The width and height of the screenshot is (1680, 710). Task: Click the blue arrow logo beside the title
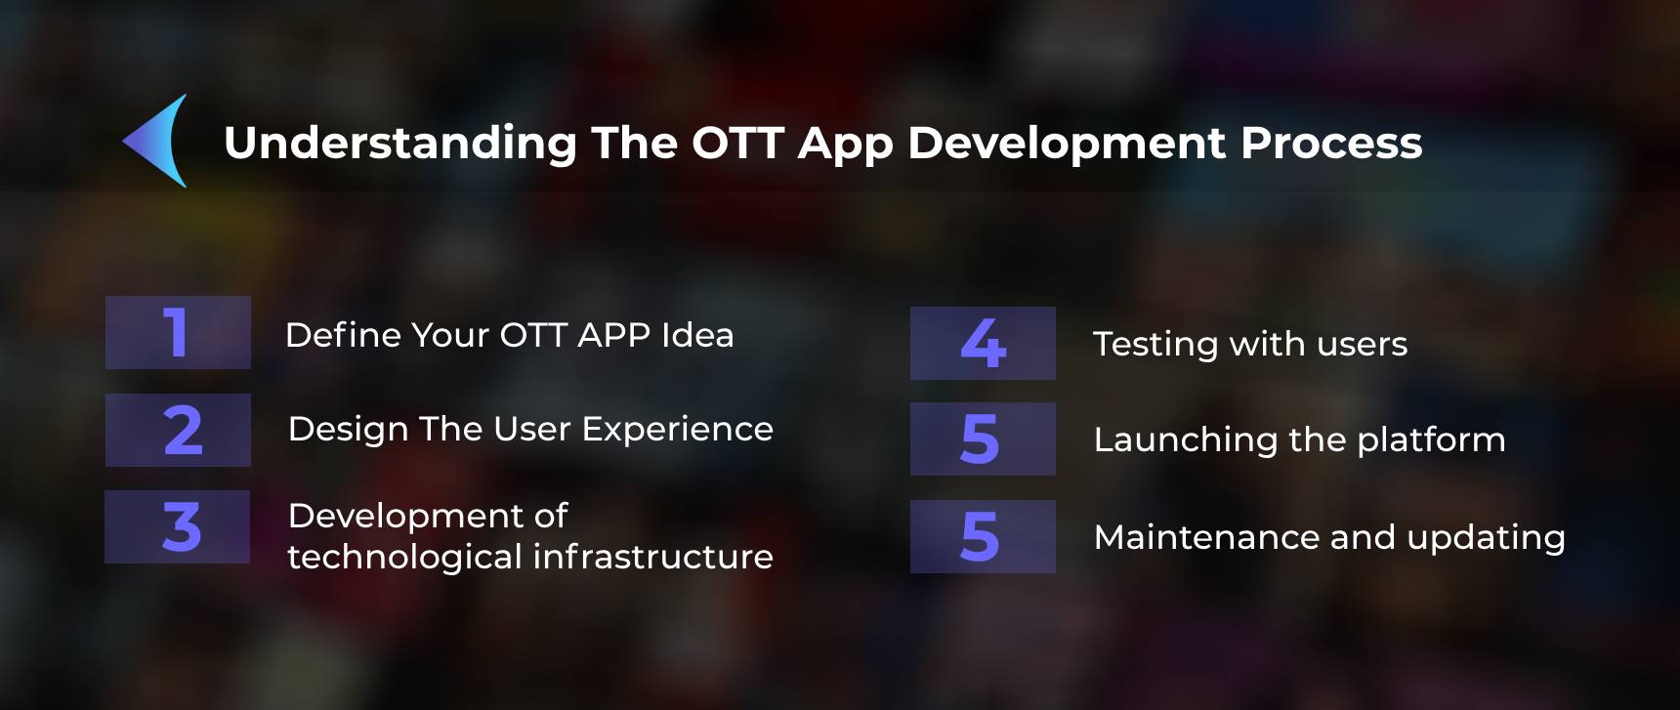pyautogui.click(x=156, y=141)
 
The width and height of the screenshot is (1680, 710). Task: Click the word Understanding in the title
pyautogui.click(x=400, y=144)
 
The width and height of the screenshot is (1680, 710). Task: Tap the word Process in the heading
pyautogui.click(x=1331, y=143)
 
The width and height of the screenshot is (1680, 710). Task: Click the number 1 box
pyautogui.click(x=178, y=333)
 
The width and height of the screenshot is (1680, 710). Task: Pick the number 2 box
pyautogui.click(x=178, y=431)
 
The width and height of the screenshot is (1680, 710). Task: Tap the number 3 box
pyautogui.click(x=177, y=527)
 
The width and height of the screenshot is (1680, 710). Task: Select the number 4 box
pyautogui.click(x=983, y=344)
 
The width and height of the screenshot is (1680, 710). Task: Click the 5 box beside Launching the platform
pyautogui.click(x=983, y=439)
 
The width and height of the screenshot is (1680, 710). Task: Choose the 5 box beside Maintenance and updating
pyautogui.click(x=983, y=537)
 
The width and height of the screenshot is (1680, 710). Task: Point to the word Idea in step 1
pyautogui.click(x=697, y=335)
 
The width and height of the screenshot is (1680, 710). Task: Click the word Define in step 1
pyautogui.click(x=343, y=335)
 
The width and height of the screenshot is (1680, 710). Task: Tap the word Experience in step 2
pyautogui.click(x=678, y=430)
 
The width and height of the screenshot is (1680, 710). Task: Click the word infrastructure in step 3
pyautogui.click(x=652, y=557)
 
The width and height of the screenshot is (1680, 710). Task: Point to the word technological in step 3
pyautogui.click(x=405, y=558)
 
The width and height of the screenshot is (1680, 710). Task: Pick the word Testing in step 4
pyautogui.click(x=1155, y=345)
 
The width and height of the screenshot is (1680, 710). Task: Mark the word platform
pyautogui.click(x=1431, y=440)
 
